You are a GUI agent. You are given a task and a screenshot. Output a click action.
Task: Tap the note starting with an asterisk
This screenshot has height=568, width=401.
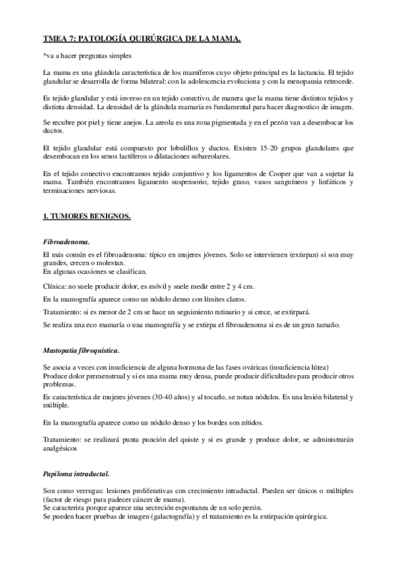[x=87, y=55]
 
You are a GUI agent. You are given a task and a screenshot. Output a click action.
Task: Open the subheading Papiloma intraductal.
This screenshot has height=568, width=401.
[x=75, y=474]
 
